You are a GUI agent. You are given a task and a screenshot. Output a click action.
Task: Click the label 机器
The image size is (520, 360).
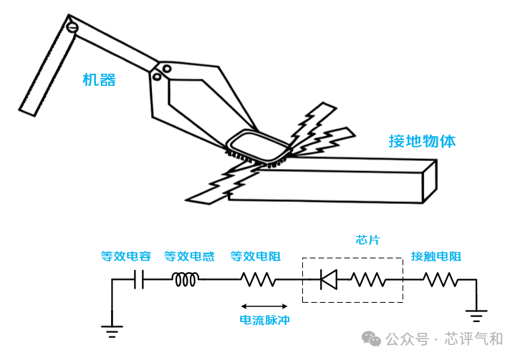[99, 80]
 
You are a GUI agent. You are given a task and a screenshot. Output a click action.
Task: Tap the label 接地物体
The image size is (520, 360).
[422, 141]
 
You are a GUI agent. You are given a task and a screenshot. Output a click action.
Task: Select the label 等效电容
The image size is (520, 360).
[126, 256]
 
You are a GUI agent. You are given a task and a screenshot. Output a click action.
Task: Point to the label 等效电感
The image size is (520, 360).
[189, 256]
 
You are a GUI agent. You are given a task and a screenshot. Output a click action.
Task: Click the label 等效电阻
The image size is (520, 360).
[256, 256]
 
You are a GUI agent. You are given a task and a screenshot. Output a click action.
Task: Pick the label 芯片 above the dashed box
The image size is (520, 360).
[367, 240]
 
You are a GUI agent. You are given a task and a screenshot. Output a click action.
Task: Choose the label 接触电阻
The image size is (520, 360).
[436, 256]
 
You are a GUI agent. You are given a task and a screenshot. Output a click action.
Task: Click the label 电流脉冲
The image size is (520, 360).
[264, 320]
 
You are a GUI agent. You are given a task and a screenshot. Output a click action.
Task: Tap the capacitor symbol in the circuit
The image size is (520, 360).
[139, 279]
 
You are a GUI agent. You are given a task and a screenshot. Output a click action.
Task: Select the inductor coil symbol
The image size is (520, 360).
[186, 279]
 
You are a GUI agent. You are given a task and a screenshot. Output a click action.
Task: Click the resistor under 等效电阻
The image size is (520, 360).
[259, 279]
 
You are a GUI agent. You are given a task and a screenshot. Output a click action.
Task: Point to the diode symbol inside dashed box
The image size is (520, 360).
[329, 279]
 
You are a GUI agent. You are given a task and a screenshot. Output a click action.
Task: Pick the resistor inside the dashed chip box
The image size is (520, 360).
[369, 279]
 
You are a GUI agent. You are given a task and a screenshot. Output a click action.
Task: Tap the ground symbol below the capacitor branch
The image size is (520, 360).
[112, 331]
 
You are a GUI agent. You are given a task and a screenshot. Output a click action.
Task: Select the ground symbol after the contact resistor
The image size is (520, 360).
[476, 316]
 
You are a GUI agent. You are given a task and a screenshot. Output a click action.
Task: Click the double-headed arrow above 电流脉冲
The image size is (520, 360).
[264, 306]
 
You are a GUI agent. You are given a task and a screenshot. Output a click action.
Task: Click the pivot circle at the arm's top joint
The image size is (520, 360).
[72, 27]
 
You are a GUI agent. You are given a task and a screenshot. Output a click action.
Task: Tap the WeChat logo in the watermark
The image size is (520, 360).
[371, 339]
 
